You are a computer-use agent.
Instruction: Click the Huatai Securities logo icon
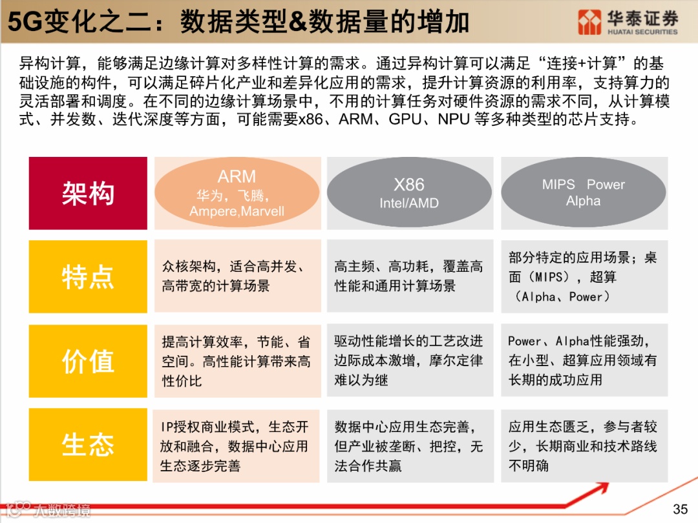point(589,22)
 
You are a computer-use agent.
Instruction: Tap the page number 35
point(681,509)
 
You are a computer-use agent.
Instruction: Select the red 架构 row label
point(88,193)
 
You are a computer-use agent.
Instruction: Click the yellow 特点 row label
point(88,276)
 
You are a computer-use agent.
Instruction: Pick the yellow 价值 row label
point(88,360)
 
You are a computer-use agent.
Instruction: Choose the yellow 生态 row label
point(88,445)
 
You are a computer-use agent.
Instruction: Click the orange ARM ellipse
point(237,192)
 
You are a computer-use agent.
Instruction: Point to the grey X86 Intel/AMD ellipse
point(409,192)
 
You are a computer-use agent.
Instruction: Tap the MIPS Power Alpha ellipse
point(583,192)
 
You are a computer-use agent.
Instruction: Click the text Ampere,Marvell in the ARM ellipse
point(237,211)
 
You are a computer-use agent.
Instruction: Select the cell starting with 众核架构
point(237,276)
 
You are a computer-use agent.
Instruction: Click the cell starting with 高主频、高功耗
point(409,276)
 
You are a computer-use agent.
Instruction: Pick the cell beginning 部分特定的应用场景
point(584,276)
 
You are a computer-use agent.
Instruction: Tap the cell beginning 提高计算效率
point(237,360)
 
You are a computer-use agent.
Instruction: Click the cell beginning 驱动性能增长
point(409,360)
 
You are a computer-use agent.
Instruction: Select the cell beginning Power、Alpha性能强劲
point(584,360)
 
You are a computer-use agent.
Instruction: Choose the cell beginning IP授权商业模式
point(237,445)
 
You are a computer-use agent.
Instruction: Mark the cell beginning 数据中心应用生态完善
point(409,445)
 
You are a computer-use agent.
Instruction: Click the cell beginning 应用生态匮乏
point(584,445)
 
